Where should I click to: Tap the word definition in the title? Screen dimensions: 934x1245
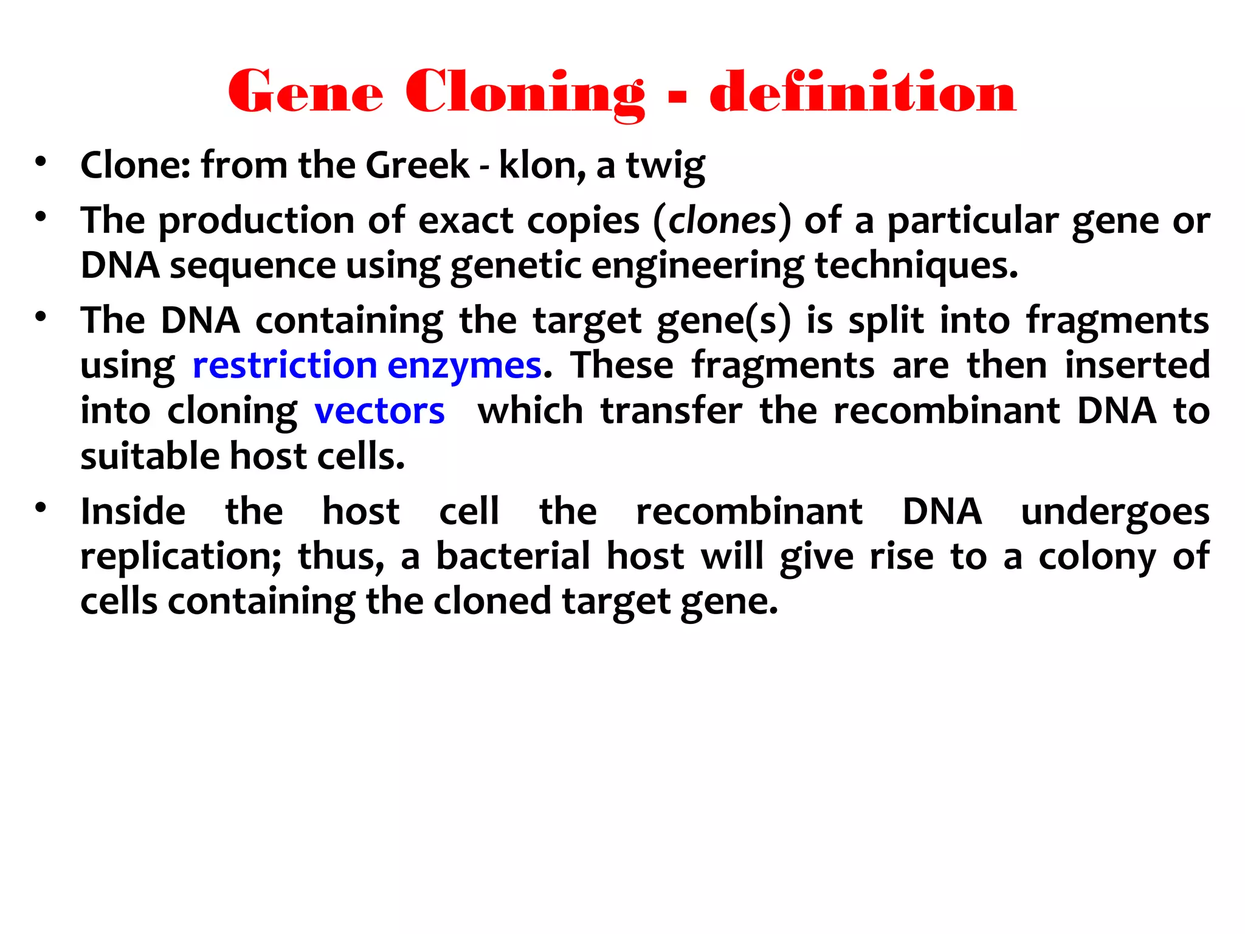click(x=863, y=93)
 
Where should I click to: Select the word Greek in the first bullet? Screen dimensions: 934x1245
click(x=418, y=165)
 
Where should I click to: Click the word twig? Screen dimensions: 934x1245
click(x=666, y=166)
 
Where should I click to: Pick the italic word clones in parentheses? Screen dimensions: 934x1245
click(x=722, y=220)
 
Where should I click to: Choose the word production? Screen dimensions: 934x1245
click(x=257, y=220)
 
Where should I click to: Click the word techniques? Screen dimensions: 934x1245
click(x=916, y=265)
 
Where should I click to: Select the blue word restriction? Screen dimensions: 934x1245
click(x=285, y=365)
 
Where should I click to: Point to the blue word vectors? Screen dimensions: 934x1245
click(x=379, y=411)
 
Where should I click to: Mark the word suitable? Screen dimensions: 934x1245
click(x=150, y=456)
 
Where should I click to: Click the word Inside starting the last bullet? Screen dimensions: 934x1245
click(x=133, y=511)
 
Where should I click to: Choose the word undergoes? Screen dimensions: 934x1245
click(x=1115, y=512)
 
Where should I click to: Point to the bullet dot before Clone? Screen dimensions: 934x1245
click(x=41, y=162)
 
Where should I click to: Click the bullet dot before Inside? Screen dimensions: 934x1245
click(x=41, y=508)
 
